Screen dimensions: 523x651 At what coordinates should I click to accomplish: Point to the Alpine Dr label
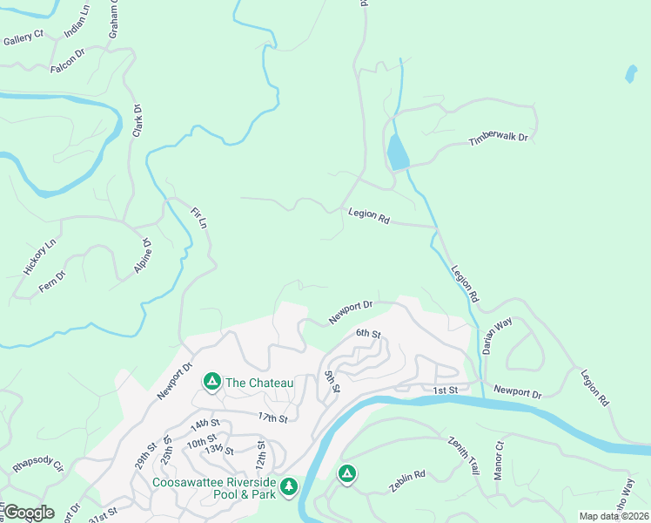pyautogui.click(x=143, y=257)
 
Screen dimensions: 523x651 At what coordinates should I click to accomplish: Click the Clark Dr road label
pyautogui.click(x=137, y=121)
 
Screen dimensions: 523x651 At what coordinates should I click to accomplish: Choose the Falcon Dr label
pyautogui.click(x=67, y=61)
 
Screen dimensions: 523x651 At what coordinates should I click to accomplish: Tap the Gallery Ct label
pyautogui.click(x=23, y=38)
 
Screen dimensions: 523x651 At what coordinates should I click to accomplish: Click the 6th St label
pyautogui.click(x=368, y=334)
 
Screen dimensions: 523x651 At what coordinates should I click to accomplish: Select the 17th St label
pyautogui.click(x=272, y=419)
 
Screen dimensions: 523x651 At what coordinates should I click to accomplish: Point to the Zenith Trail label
pyautogui.click(x=463, y=454)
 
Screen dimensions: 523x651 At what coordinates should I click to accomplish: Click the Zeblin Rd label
pyautogui.click(x=406, y=476)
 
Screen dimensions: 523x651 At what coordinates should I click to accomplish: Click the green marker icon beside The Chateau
pyautogui.click(x=211, y=382)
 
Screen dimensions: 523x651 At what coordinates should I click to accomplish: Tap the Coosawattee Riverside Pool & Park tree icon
pyautogui.click(x=288, y=486)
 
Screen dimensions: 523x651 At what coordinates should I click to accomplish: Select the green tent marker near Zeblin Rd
pyautogui.click(x=346, y=473)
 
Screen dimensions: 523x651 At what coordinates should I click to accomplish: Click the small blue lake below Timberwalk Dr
pyautogui.click(x=397, y=153)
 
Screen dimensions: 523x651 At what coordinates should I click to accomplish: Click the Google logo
pyautogui.click(x=28, y=513)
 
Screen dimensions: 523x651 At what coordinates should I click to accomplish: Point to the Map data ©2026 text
pyautogui.click(x=613, y=516)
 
